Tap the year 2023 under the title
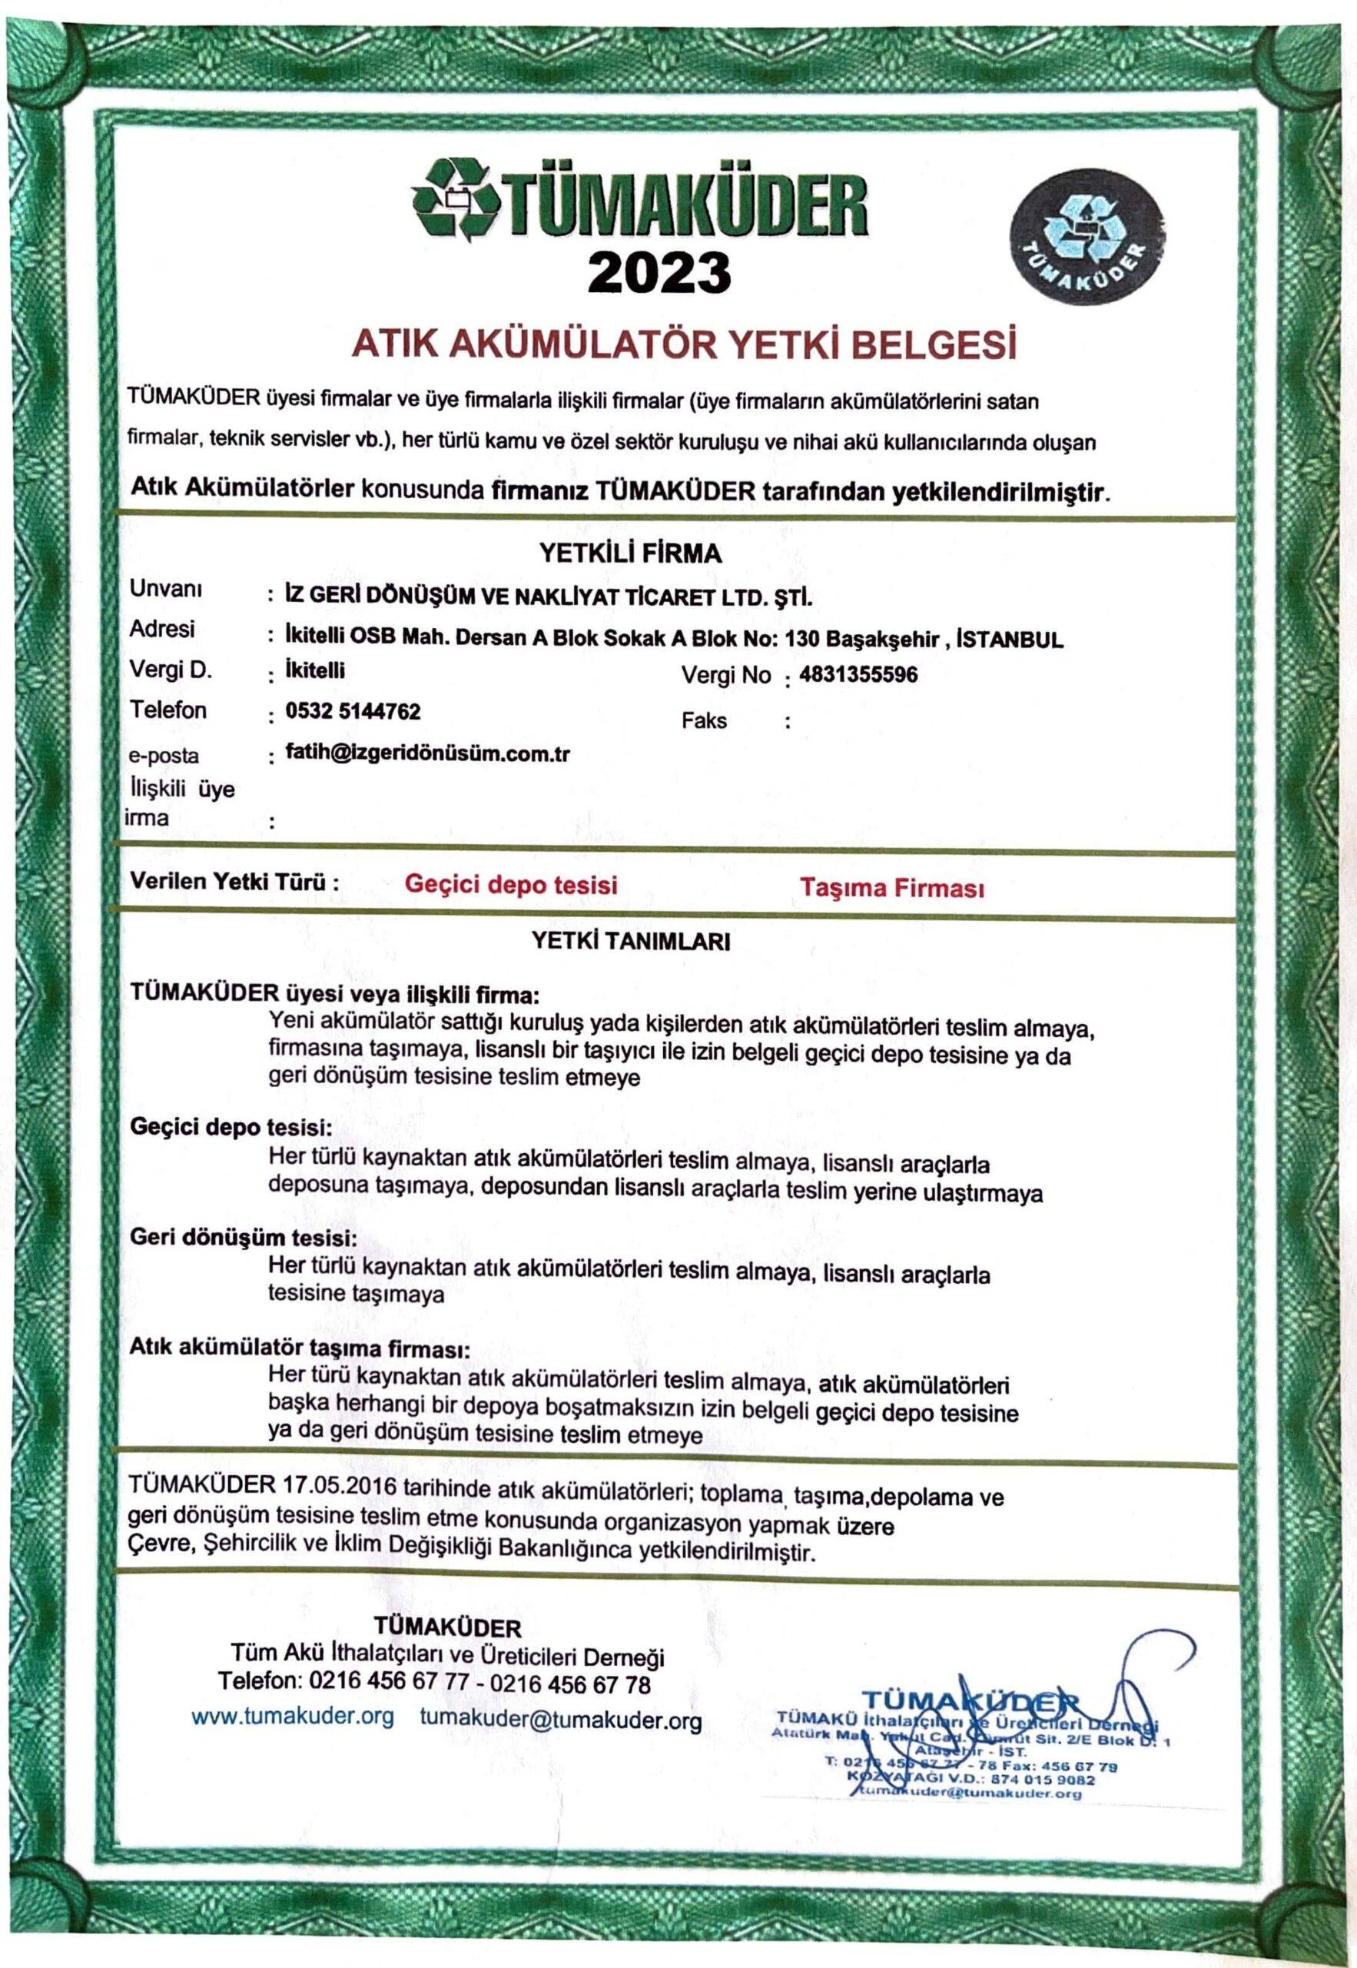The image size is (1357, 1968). click(x=659, y=272)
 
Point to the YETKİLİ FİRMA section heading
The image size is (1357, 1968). click(x=631, y=553)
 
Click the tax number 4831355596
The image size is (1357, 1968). click(x=859, y=675)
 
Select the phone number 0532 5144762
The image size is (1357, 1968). click(x=353, y=712)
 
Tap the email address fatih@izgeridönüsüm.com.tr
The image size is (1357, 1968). click(x=429, y=753)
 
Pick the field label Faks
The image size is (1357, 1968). click(x=704, y=721)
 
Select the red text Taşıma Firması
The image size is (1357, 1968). click(x=892, y=889)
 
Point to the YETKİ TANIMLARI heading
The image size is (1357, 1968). click(x=631, y=942)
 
